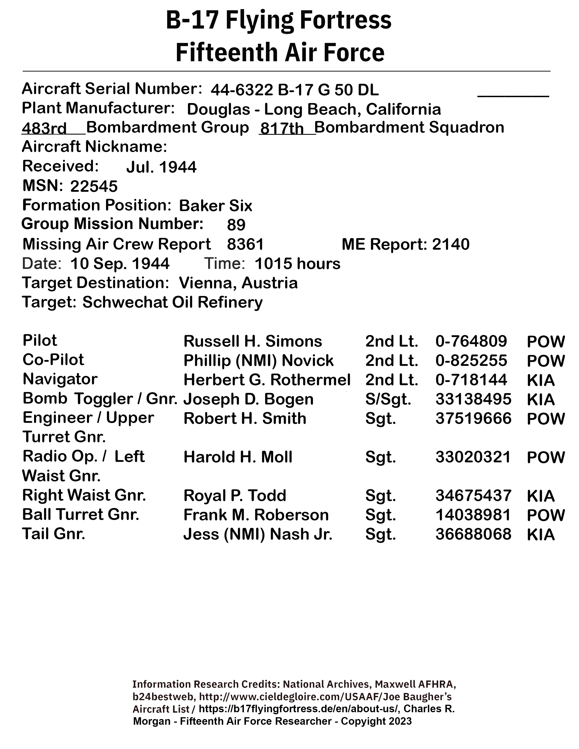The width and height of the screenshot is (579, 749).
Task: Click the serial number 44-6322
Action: [x=242, y=90]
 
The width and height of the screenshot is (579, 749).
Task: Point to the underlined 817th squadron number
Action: [x=282, y=129]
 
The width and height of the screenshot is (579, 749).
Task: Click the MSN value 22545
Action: [x=94, y=187]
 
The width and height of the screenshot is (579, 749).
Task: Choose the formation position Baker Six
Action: [x=215, y=206]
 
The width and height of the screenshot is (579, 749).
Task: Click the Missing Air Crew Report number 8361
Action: [x=245, y=244]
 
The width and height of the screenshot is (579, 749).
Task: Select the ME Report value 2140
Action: [x=450, y=244]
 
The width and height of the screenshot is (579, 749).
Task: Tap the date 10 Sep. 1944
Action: [x=120, y=264]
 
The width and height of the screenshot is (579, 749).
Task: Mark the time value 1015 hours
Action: [x=297, y=264]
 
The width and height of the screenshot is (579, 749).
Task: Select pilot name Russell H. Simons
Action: [x=253, y=341]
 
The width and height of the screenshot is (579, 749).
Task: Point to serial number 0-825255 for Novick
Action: [x=471, y=360]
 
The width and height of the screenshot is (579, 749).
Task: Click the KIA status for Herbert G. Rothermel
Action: [x=541, y=380]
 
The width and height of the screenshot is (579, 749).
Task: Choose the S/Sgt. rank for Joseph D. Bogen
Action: [x=388, y=399]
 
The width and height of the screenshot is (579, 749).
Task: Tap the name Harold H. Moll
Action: [x=238, y=457]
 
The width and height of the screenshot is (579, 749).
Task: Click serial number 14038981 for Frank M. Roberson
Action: [x=473, y=515]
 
